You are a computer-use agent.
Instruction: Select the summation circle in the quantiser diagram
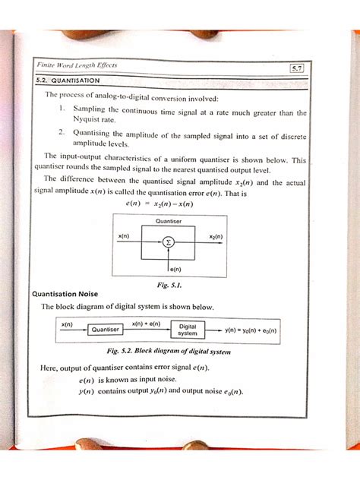click(169, 242)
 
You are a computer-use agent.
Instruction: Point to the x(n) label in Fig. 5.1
click(124, 237)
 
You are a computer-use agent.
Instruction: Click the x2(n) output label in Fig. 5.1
click(215, 237)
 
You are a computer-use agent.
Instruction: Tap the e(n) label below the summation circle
click(175, 269)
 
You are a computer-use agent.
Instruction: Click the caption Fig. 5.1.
click(168, 285)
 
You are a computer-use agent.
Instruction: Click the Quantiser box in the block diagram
click(106, 330)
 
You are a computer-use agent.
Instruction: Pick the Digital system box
click(188, 330)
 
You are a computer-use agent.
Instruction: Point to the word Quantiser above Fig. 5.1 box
click(168, 221)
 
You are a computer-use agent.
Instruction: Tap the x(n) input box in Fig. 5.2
click(66, 324)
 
